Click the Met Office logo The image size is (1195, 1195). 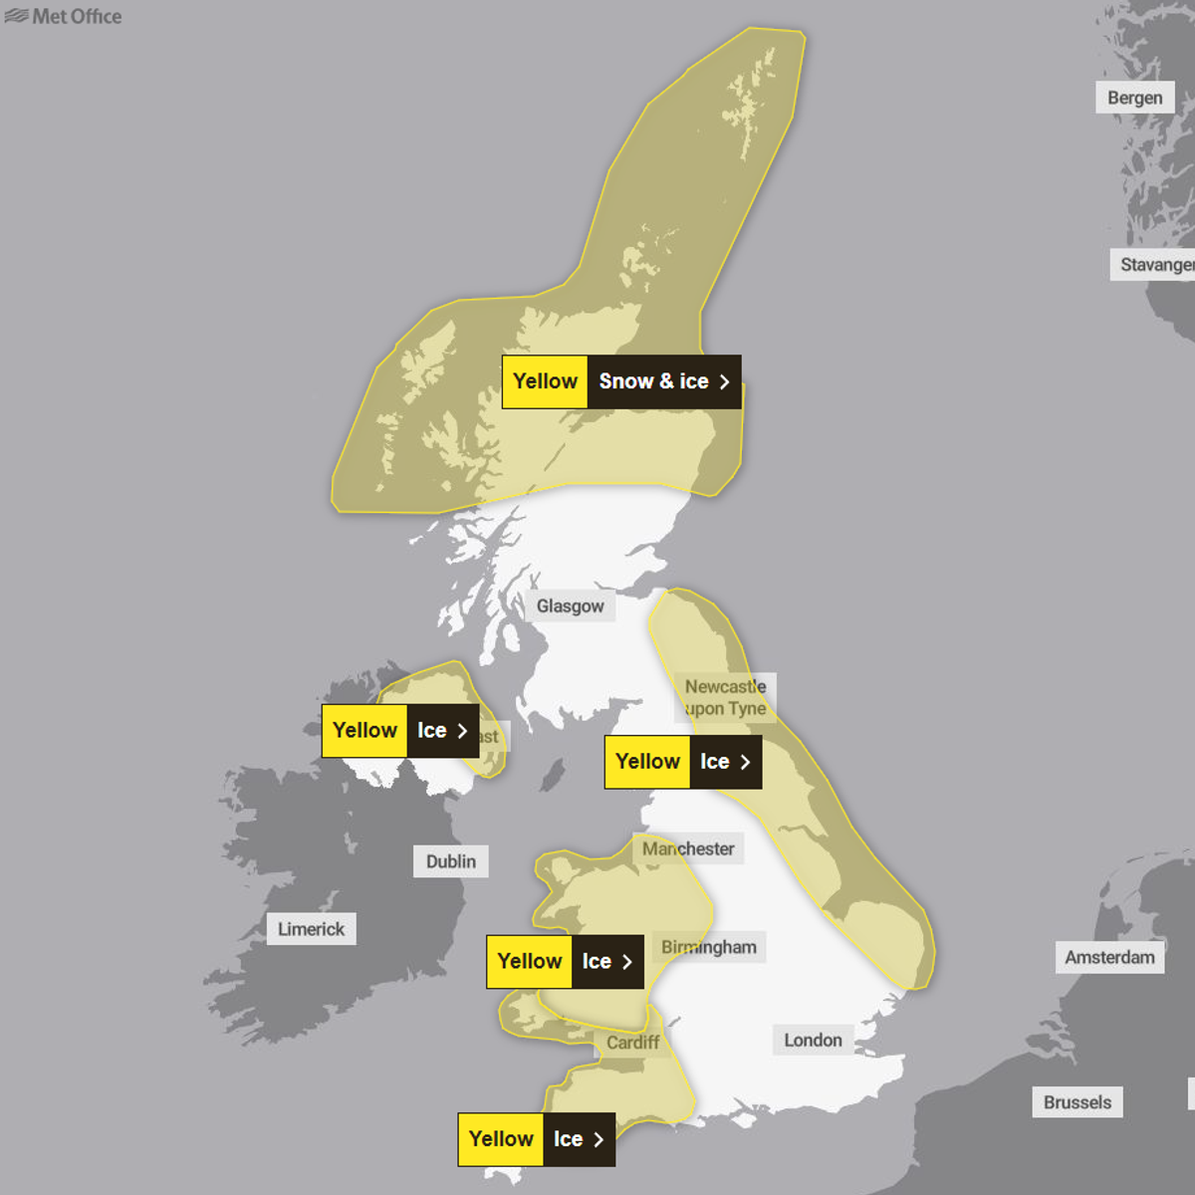pyautogui.click(x=63, y=16)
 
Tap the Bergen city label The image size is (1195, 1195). pyautogui.click(x=1134, y=98)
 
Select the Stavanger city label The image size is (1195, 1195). pyautogui.click(x=1153, y=265)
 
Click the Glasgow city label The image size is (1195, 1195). pyautogui.click(x=570, y=605)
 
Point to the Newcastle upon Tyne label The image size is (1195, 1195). pyautogui.click(x=725, y=697)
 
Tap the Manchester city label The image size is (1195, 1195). pyautogui.click(x=688, y=848)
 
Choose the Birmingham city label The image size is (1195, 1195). pyautogui.click(x=709, y=947)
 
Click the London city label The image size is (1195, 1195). pyautogui.click(x=813, y=1040)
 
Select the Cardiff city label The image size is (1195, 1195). pyautogui.click(x=632, y=1043)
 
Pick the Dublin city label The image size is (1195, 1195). pyautogui.click(x=450, y=861)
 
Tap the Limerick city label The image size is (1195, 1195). pyautogui.click(x=311, y=929)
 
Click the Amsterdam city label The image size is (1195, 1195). pyautogui.click(x=1109, y=957)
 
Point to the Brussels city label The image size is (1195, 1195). pyautogui.click(x=1076, y=1102)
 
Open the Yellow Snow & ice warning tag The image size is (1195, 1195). pyautogui.click(x=621, y=381)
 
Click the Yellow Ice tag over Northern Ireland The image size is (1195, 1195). pyautogui.click(x=399, y=730)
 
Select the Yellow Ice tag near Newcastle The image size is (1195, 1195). pyautogui.click(x=682, y=762)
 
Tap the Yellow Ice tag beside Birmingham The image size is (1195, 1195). pyautogui.click(x=565, y=961)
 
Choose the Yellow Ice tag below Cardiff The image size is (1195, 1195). pyautogui.click(x=536, y=1139)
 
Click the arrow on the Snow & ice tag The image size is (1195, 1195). pyautogui.click(x=724, y=381)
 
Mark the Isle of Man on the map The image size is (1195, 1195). pyautogui.click(x=551, y=775)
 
